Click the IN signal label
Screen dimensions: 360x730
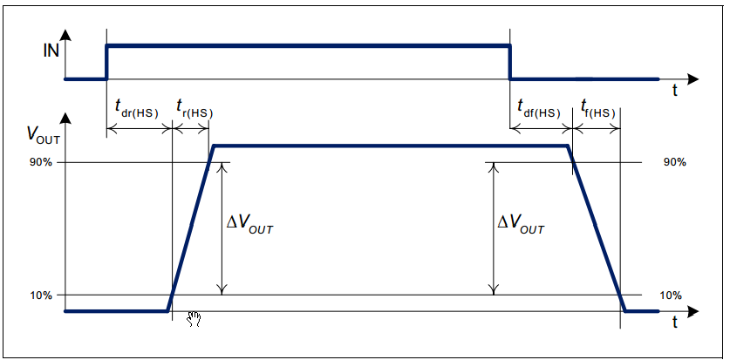pos(51,51)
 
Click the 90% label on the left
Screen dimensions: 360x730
pos(42,163)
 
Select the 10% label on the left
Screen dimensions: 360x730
pos(42,295)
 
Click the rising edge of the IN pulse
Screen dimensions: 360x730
pos(106,61)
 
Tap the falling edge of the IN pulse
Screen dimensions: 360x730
pos(510,61)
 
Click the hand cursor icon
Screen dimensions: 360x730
pos(194,319)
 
